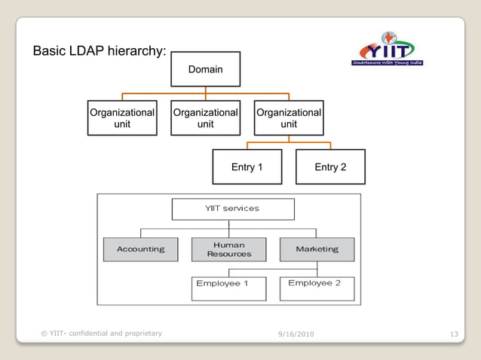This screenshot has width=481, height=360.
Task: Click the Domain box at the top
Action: coord(205,69)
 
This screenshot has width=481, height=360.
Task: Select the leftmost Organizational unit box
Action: coord(122,117)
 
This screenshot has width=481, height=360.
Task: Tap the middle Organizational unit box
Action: coord(205,117)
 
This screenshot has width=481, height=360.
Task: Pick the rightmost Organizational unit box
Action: coord(289,117)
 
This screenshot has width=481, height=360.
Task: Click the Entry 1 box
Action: coord(247,166)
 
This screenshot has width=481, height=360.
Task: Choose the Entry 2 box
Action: coord(330,166)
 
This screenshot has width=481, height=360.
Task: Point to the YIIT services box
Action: coord(231,209)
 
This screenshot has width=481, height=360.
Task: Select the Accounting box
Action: coord(140,249)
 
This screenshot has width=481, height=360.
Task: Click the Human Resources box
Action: coord(229,249)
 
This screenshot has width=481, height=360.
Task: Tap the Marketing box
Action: coord(317,249)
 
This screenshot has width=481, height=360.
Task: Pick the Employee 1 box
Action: coord(228,288)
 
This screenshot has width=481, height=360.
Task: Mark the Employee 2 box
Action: coord(317,288)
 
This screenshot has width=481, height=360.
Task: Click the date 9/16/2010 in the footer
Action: coord(296,334)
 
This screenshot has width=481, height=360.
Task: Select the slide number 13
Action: coord(453,334)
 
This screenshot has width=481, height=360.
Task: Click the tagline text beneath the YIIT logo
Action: coord(388,63)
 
